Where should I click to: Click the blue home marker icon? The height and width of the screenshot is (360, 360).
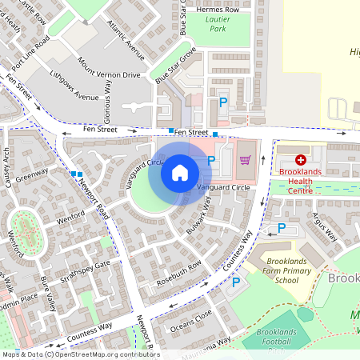pyautogui.click(x=180, y=172)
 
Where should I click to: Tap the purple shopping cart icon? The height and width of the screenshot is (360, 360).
pyautogui.click(x=245, y=160)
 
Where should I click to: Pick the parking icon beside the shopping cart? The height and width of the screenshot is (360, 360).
pyautogui.click(x=212, y=161)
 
